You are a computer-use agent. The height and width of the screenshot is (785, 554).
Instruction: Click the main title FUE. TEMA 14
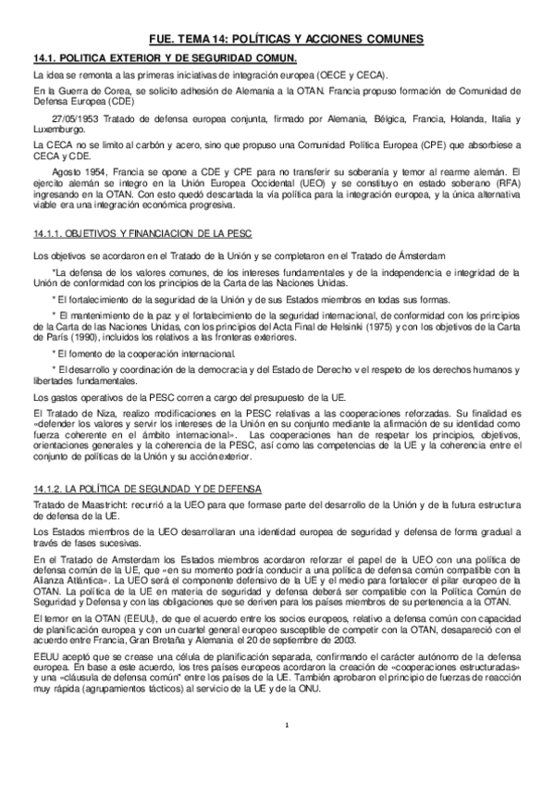[287, 39]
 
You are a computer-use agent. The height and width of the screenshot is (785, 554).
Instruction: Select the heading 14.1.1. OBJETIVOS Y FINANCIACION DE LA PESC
[142, 231]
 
